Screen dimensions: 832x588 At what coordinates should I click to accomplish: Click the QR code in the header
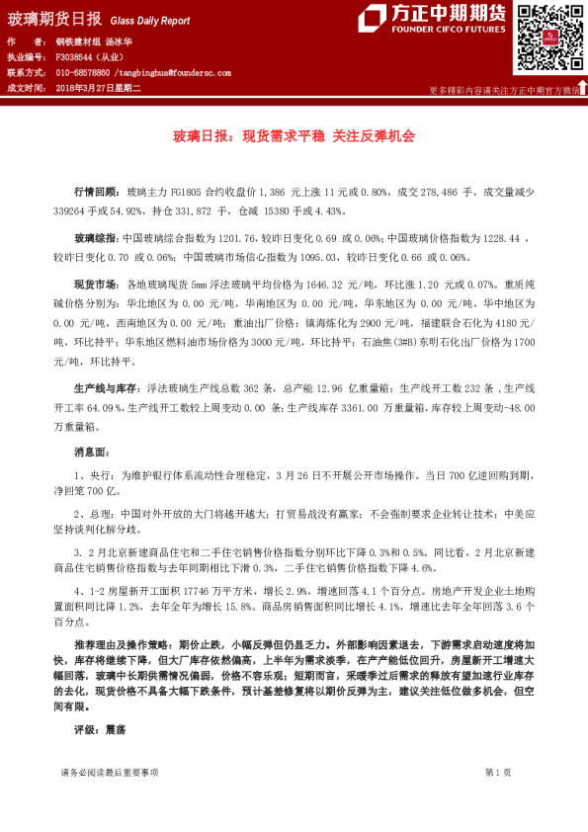546,37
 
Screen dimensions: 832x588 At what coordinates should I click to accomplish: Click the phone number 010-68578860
83,73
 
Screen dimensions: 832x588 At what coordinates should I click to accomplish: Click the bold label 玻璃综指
96,239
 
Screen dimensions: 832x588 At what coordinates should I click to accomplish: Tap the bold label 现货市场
96,284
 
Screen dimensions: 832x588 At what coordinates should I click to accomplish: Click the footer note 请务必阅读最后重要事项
109,798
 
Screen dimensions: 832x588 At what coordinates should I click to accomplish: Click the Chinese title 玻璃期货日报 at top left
54,19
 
